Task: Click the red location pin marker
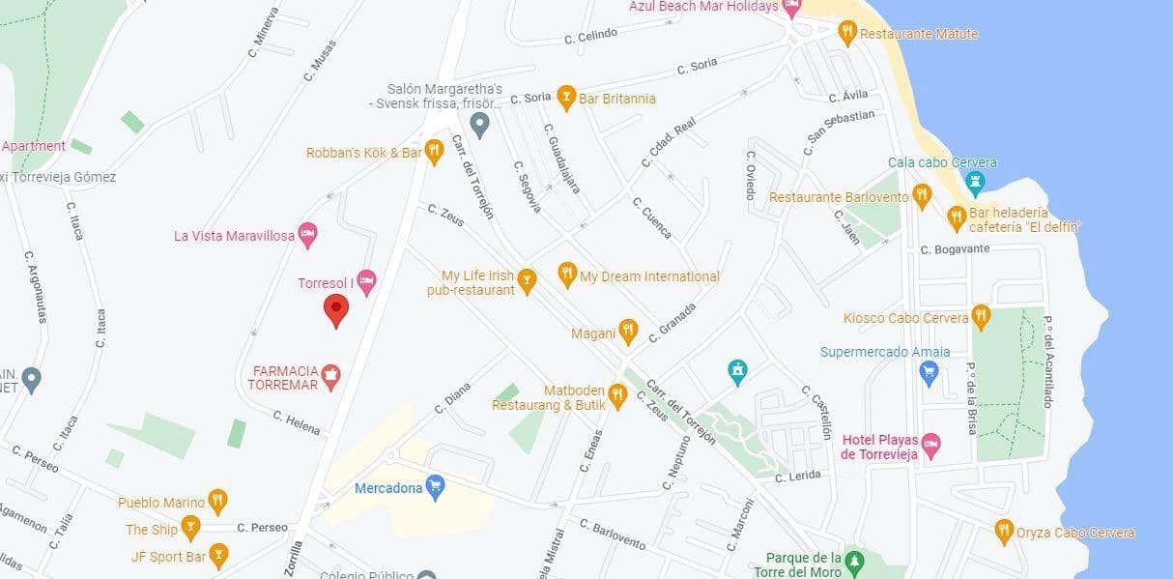tap(335, 310)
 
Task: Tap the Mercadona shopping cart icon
tap(436, 487)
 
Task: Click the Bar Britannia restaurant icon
tap(567, 98)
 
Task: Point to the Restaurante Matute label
tap(918, 34)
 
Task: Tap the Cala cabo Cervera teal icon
tap(976, 182)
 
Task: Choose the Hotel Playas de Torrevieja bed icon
tap(930, 447)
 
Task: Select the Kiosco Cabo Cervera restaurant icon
tap(982, 317)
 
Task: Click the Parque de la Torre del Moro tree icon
tap(852, 562)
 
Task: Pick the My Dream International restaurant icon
tap(567, 276)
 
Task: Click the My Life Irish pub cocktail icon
tap(527, 281)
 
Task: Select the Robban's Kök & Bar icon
tap(434, 152)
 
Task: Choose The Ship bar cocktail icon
tap(190, 529)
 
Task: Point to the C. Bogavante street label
tap(955, 248)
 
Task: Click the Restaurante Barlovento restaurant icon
tap(922, 197)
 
